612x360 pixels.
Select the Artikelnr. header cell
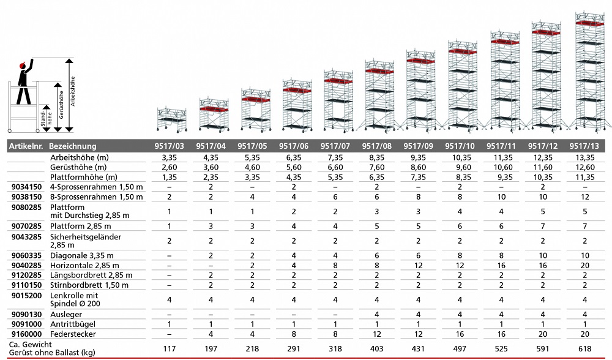24,146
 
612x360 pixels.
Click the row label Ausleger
65,313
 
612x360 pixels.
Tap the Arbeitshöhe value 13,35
584,157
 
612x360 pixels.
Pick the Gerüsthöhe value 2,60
169,167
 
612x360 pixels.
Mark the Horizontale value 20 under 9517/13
584,265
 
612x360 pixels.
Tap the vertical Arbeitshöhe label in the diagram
73,92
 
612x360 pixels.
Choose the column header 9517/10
460,146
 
